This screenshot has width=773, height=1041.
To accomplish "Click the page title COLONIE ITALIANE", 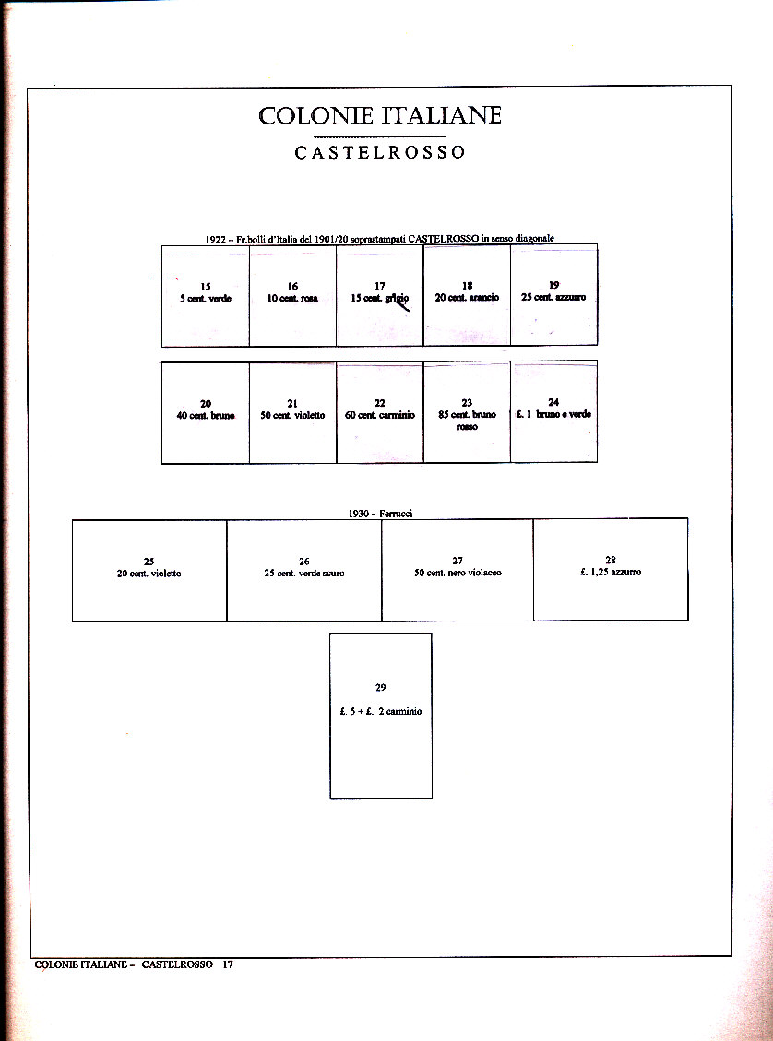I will click(380, 116).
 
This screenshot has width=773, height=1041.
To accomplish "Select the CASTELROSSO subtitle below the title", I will click(380, 153).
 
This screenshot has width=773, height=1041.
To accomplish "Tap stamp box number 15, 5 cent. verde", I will click(205, 295).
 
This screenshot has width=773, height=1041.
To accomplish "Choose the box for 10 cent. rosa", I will click(292, 295).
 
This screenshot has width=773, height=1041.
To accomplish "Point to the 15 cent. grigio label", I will click(379, 298).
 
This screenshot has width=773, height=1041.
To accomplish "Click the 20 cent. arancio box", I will click(467, 295).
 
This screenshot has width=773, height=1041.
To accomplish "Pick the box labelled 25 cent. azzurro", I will click(553, 295).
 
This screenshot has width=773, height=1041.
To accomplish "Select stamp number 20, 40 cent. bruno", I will click(205, 412).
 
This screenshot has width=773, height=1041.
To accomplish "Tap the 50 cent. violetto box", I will click(292, 412).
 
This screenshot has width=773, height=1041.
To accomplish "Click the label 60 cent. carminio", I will click(379, 415).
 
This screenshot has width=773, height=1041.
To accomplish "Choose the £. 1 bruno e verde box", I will click(553, 412).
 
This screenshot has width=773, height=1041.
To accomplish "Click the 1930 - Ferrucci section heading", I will click(380, 514).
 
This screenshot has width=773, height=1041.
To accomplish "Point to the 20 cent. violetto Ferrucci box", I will click(149, 570).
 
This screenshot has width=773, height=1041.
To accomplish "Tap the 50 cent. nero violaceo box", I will click(458, 570).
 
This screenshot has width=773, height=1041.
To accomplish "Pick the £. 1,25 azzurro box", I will click(611, 570).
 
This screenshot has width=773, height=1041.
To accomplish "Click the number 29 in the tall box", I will click(380, 688).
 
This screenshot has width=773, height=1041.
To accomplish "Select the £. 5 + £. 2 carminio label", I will click(380, 712).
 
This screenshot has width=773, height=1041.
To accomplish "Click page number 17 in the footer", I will click(227, 964).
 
